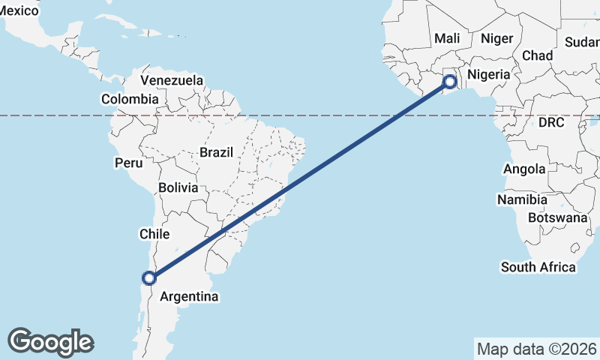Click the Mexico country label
point(19,10)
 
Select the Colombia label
point(130,99)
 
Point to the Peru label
point(128,163)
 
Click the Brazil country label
point(216,152)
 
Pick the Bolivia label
point(178,187)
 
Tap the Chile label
point(154,235)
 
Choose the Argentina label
point(189,297)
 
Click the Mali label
point(447,38)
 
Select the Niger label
point(496,38)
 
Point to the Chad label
point(537,55)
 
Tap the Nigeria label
point(489,75)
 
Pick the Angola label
point(524,169)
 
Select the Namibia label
point(521,200)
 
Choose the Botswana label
point(557,217)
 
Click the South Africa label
point(538,267)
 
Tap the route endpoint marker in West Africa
point(450,82)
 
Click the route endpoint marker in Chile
point(149,278)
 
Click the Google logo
point(50,342)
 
